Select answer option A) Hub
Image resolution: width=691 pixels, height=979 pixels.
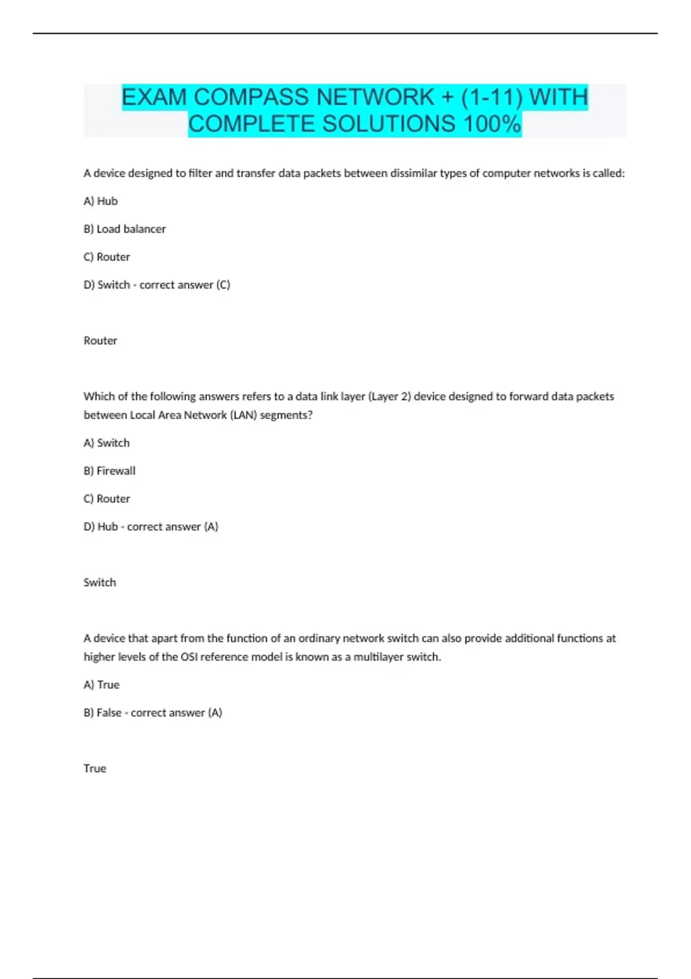click(101, 201)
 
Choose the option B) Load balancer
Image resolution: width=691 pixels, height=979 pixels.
click(125, 229)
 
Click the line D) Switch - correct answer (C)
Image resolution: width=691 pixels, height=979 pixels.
click(157, 285)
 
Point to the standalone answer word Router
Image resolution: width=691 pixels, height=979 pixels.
click(100, 341)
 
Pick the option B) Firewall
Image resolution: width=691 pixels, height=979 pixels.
click(109, 471)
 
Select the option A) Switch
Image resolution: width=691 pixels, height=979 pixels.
click(107, 443)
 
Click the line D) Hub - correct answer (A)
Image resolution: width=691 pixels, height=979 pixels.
click(151, 527)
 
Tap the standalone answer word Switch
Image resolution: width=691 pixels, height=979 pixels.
click(100, 583)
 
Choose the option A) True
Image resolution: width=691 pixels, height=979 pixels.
click(101, 685)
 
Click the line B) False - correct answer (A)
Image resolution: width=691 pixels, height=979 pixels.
click(153, 713)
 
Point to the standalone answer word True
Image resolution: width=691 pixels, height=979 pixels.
click(95, 769)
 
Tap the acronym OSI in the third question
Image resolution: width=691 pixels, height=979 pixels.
click(189, 657)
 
